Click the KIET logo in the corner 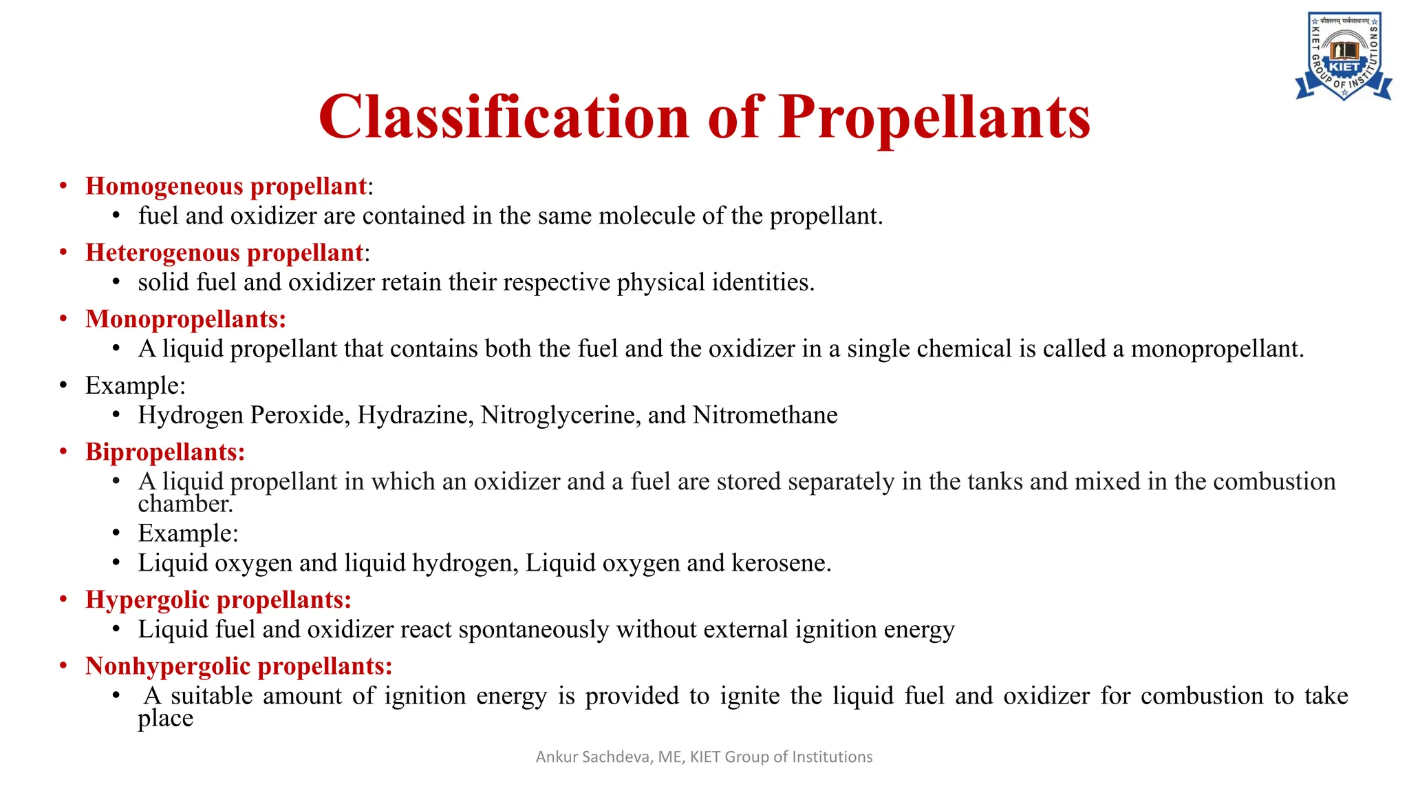point(1344,56)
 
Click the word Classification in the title point(504,117)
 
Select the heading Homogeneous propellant point(226,187)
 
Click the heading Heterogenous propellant point(224,253)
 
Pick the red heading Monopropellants point(185,319)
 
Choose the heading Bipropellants point(165,452)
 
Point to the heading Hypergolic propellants point(218,600)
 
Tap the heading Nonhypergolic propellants point(239,666)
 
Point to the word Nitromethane point(765,416)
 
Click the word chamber point(184,505)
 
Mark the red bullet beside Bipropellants point(63,452)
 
